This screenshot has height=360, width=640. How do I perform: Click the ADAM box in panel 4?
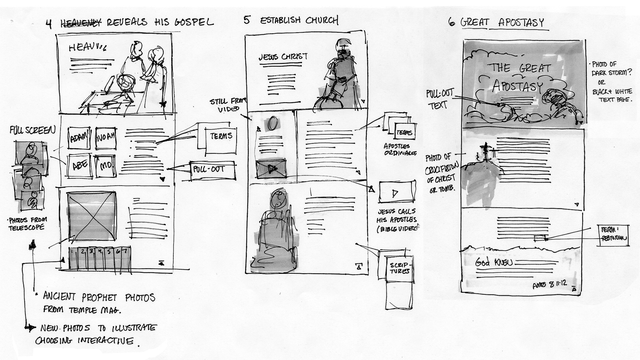pos(79,138)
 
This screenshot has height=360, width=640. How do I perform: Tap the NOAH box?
pos(106,137)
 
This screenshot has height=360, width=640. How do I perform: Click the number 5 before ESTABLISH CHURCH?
pos(247,20)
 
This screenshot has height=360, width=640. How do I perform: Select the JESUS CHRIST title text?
pos(283,57)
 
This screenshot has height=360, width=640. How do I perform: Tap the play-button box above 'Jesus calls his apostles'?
pos(397,192)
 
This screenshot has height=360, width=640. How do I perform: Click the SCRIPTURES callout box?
pos(400,268)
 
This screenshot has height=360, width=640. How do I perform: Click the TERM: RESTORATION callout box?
pos(613,235)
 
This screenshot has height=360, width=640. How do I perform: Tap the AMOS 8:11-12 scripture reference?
pos(550,284)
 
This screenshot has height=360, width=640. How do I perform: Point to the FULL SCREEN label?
pos(32,130)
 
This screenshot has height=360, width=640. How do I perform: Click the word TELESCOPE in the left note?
pos(26,228)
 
